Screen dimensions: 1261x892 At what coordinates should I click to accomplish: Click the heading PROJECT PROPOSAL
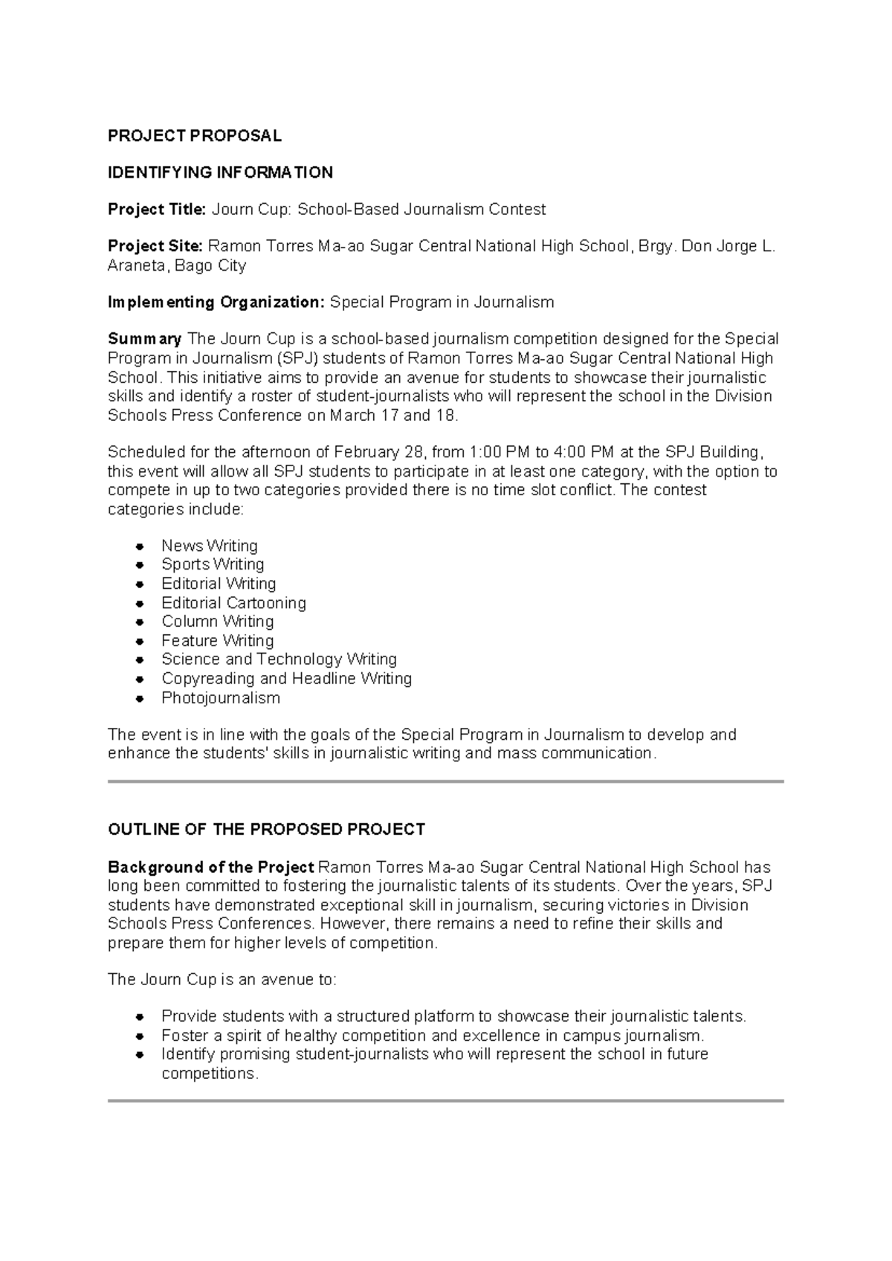point(195,136)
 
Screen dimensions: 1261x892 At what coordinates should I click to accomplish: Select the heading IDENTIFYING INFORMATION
point(220,173)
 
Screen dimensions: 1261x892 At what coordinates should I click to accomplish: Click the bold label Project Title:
point(156,210)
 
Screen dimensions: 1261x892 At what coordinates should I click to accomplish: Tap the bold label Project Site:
point(155,246)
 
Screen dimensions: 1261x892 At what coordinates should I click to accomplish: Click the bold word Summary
point(144,339)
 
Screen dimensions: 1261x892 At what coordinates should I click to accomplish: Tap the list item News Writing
point(210,546)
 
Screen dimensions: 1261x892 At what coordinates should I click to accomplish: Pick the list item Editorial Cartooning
point(233,603)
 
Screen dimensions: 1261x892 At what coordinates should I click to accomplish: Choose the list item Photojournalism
point(221,698)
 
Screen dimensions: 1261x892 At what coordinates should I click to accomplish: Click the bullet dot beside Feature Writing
point(139,641)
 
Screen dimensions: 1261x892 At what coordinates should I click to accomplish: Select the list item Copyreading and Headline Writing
point(286,679)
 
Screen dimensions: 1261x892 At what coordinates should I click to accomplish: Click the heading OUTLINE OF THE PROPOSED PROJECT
point(266,830)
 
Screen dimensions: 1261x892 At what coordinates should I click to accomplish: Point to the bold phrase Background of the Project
point(211,867)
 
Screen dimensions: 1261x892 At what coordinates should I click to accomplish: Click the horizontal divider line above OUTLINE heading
point(446,781)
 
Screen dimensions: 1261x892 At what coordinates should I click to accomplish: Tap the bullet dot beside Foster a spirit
point(139,1036)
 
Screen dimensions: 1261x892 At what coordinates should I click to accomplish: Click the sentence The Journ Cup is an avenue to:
point(222,979)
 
